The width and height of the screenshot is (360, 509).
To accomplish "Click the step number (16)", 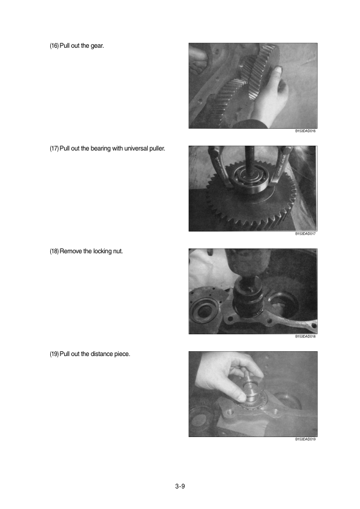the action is [54, 46].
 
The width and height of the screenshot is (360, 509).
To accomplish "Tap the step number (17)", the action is [54, 149].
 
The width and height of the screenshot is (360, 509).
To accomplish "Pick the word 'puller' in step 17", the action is [157, 149].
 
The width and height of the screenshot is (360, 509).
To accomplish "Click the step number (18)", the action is [54, 251].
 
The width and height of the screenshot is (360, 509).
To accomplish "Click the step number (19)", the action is [54, 354].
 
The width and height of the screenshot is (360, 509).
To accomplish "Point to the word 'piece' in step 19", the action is [122, 354].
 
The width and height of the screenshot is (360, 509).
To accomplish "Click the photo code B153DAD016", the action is [305, 131].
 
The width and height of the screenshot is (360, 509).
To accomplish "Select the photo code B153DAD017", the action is [305, 234].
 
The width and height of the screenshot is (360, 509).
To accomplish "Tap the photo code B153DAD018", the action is [305, 337].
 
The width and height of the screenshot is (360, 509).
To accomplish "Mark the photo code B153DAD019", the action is [305, 439].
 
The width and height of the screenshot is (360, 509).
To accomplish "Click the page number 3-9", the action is [180, 486].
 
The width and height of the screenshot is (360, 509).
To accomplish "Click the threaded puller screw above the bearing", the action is [249, 162].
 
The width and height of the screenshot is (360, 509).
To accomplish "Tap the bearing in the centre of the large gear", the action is [249, 180].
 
